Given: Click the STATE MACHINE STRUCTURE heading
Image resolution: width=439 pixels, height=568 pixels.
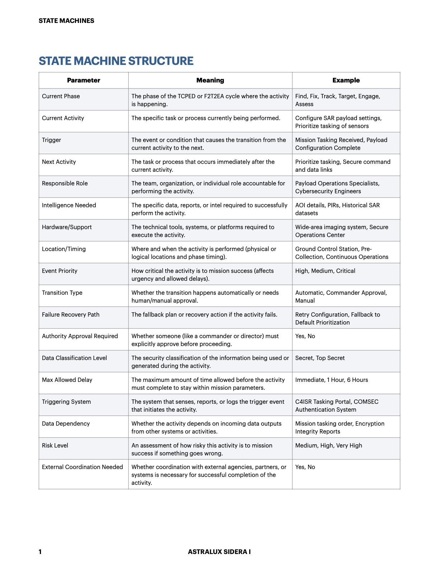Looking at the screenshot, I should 116,61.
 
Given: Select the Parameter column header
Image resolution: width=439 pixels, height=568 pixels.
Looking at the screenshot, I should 84,80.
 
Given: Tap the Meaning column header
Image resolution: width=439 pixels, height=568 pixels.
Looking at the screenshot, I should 210,80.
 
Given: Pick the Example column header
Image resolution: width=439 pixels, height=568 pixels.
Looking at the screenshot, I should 346,80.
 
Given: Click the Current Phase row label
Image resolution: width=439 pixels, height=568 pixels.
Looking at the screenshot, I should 61,96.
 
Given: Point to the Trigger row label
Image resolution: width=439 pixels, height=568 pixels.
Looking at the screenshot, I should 51,140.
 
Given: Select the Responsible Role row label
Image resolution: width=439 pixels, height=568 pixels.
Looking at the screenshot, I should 65,183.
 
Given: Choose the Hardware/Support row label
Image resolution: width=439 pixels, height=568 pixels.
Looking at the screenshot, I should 67,227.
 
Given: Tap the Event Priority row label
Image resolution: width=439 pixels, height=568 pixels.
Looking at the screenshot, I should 60,271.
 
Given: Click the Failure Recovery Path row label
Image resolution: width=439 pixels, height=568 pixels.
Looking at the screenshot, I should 71,314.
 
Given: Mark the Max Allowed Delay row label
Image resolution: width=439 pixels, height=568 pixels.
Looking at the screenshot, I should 67,380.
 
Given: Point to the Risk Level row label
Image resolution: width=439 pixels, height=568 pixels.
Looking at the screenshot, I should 55,445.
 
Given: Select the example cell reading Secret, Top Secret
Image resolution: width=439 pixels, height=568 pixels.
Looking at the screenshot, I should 320,358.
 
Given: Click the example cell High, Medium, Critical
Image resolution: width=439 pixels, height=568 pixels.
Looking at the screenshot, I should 325,271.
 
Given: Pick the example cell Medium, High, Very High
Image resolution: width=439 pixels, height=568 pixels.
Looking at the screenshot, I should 329,445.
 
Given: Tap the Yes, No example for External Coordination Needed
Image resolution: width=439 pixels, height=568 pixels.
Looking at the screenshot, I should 305,467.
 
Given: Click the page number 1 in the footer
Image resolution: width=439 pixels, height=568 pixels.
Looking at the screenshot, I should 40,552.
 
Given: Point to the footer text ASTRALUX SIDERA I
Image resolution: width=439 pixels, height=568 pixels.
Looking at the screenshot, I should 219,552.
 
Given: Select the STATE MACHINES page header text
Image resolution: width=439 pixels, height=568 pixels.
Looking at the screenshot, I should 66,21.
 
